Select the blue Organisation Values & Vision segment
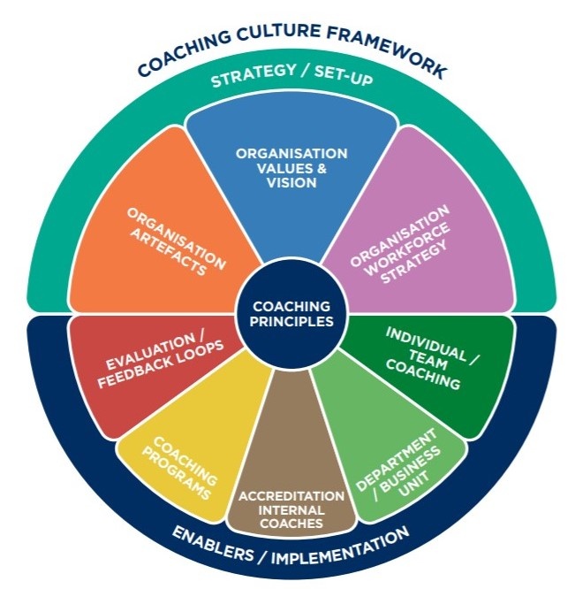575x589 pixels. pos(291,177)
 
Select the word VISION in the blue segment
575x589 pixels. pos(291,182)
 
